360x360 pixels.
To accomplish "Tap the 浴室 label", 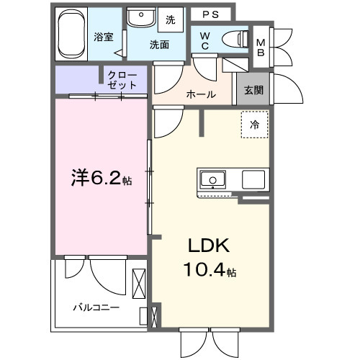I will (x=103, y=37).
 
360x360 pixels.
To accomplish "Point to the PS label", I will (x=210, y=14).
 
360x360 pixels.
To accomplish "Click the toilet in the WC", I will (x=234, y=39).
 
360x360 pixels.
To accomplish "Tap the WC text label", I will (x=205, y=41).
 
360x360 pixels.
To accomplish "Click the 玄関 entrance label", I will (x=253, y=90).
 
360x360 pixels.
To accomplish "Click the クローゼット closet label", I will (x=122, y=79).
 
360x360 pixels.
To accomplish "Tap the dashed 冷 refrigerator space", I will (x=254, y=125).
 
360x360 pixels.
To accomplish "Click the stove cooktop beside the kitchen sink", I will (x=254, y=179).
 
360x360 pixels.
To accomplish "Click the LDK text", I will (x=209, y=246).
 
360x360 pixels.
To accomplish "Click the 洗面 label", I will (x=159, y=44).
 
